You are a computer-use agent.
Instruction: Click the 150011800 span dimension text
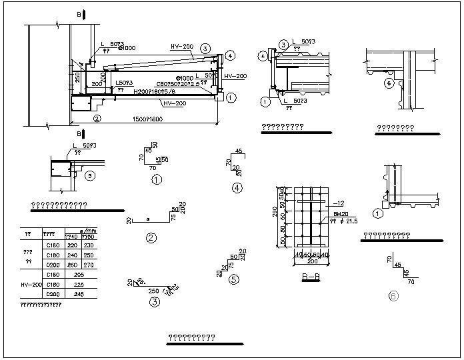point(144,119)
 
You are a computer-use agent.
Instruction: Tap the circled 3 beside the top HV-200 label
point(205,48)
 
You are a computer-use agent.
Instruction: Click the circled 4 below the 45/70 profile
point(237,188)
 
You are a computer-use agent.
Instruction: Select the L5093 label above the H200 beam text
point(124,83)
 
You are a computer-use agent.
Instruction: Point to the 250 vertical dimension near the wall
point(77,78)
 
